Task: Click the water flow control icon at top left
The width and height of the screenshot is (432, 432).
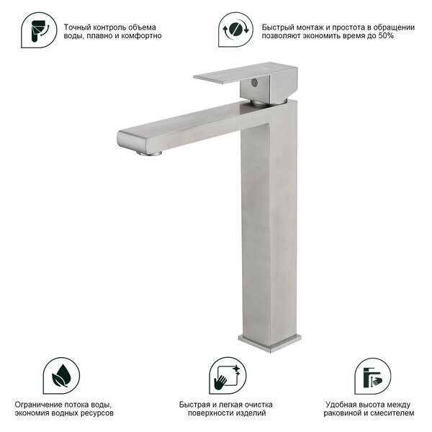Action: tap(39, 30)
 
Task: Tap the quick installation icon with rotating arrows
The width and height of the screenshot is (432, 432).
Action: tap(235, 30)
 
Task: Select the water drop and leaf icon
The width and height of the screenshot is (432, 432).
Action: tap(61, 376)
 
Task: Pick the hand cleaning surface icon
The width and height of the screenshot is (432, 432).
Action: tap(228, 376)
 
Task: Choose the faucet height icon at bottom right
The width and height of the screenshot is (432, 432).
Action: tap(372, 376)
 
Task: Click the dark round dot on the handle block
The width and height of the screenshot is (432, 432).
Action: tap(254, 82)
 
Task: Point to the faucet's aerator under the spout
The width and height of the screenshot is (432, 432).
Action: tap(149, 153)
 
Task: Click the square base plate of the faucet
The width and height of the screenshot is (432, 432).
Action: tap(270, 343)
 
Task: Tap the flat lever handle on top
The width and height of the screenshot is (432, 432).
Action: tap(246, 72)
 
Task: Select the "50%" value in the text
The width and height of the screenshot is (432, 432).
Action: tap(386, 36)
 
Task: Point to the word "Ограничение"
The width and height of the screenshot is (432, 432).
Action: tap(38, 405)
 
